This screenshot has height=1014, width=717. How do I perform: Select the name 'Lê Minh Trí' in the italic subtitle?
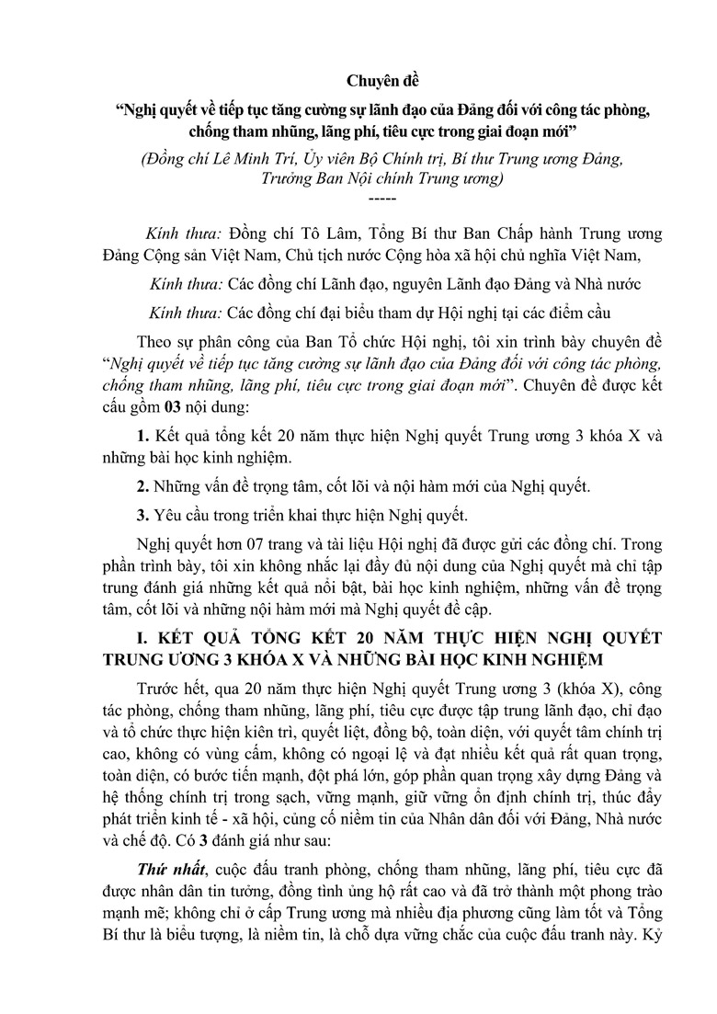coord(255,158)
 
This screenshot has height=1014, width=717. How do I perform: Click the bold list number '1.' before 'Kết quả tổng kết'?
coord(142,438)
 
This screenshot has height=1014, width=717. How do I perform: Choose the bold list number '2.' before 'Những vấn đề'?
coord(142,485)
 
